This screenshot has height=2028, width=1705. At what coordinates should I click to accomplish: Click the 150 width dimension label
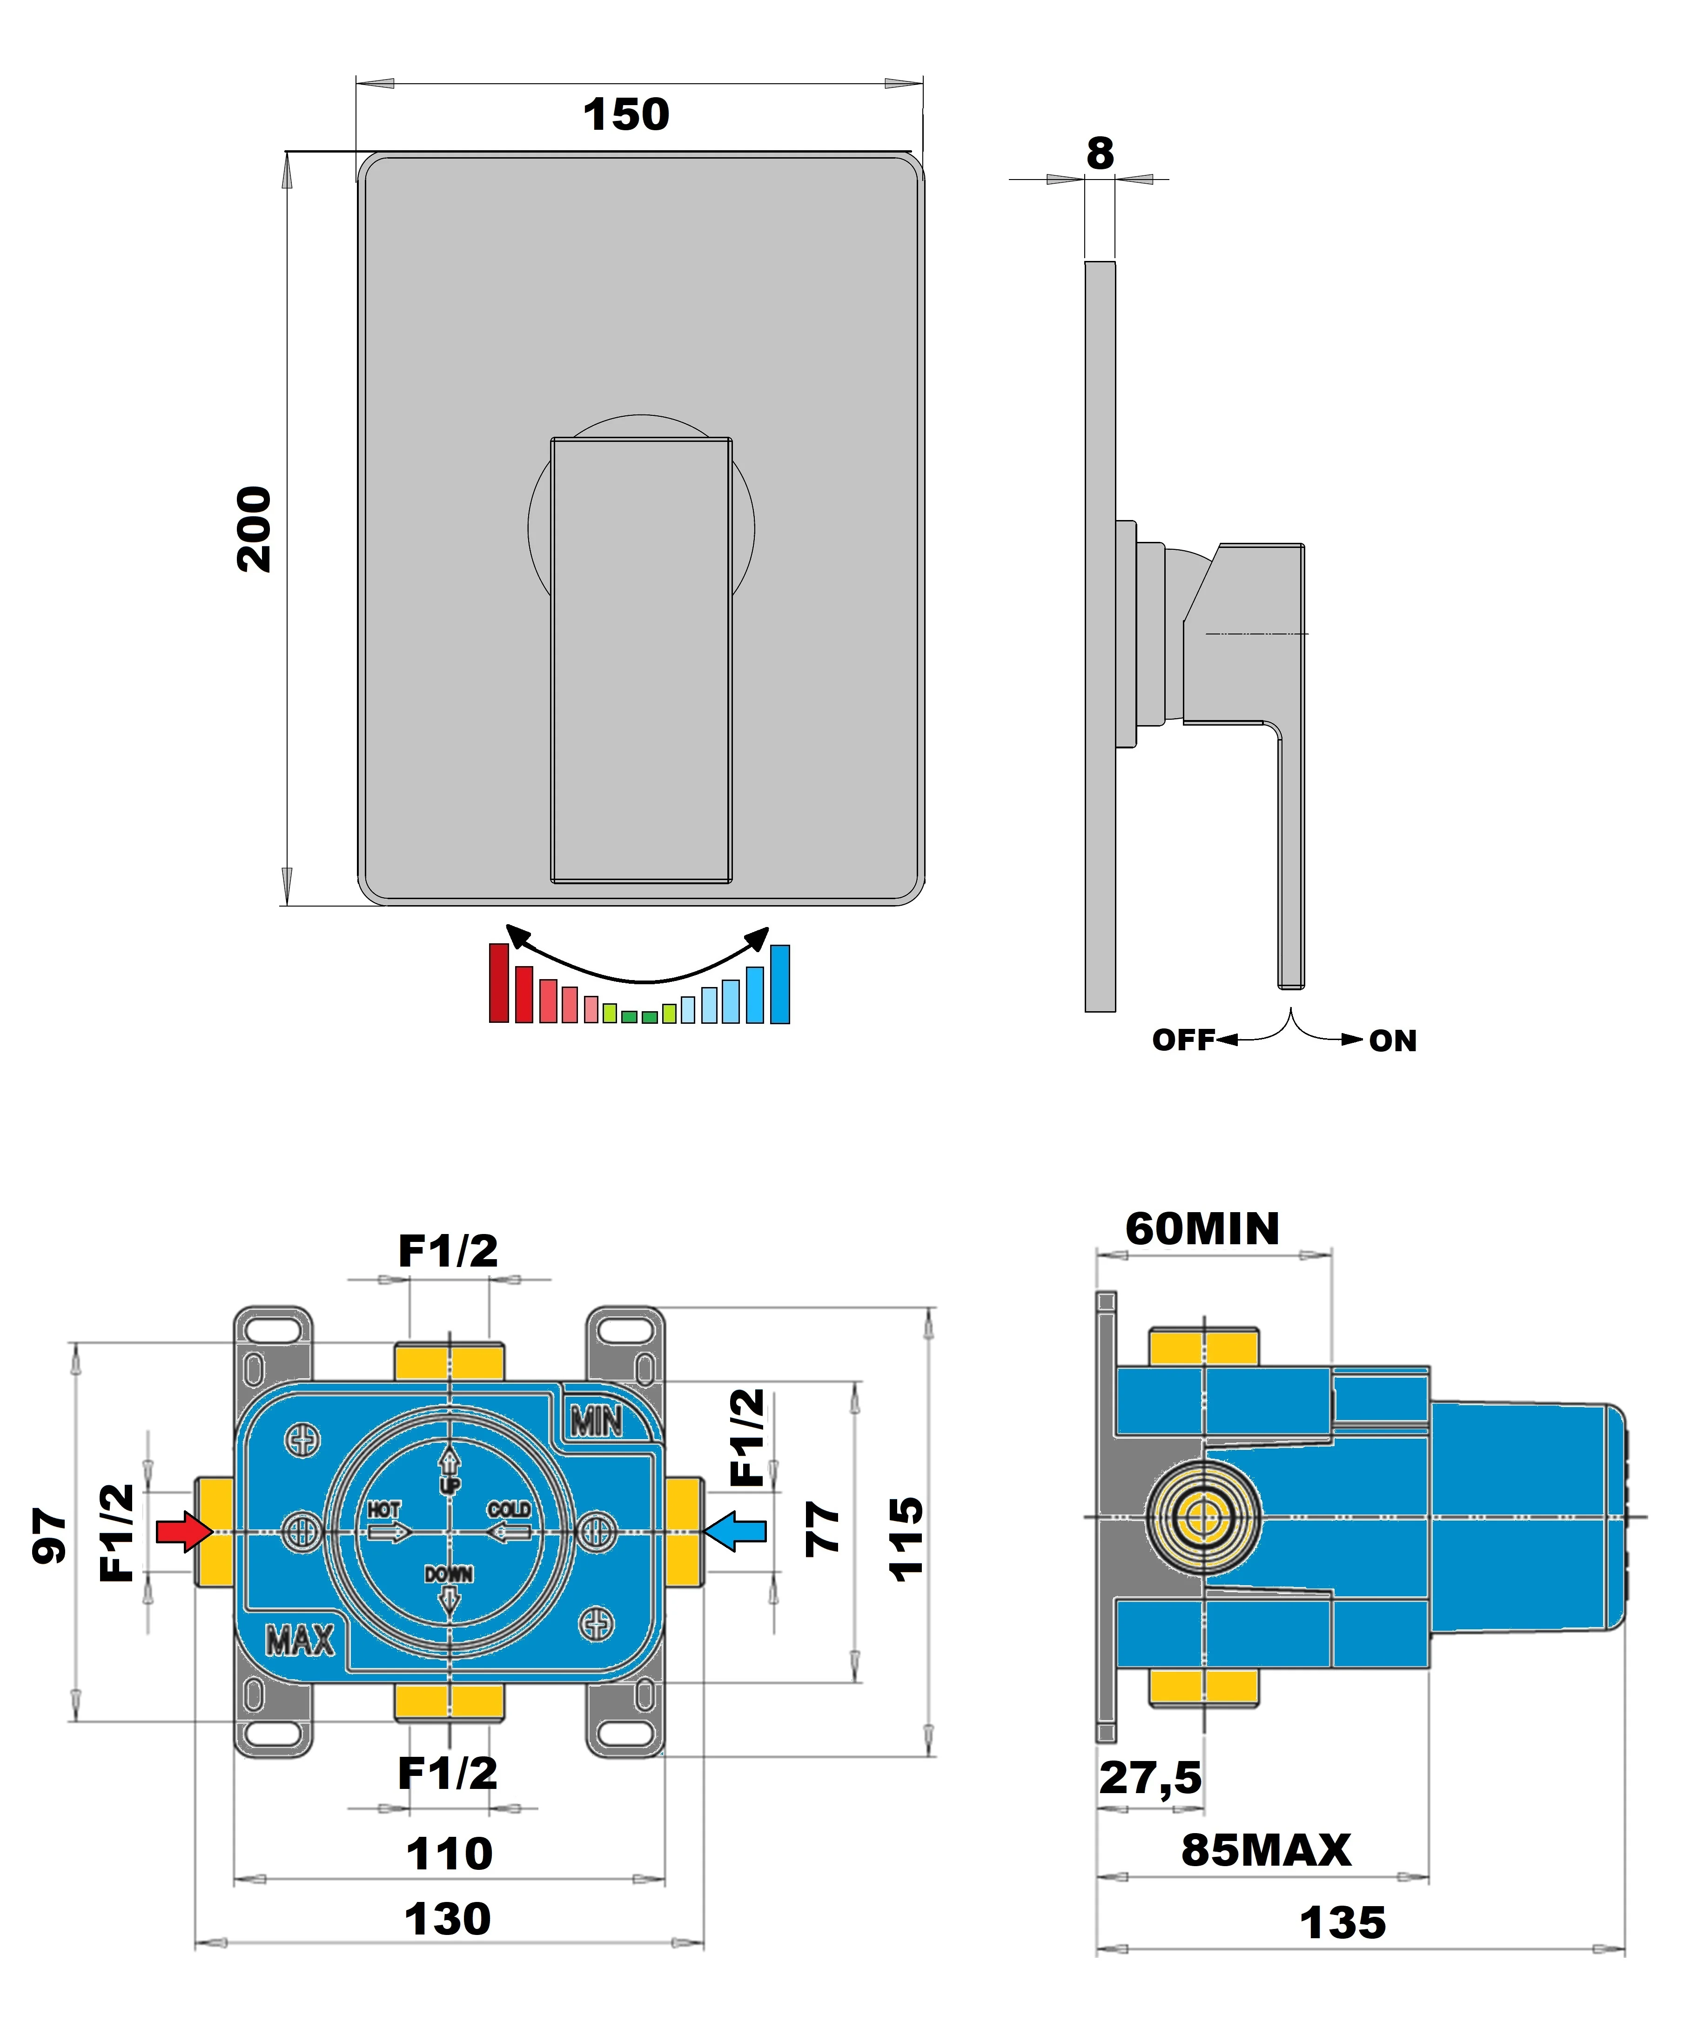[x=625, y=115]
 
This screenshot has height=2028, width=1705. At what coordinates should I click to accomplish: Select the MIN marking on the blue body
[x=597, y=1422]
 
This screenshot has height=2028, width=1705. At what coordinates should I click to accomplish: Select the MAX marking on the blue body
[x=300, y=1641]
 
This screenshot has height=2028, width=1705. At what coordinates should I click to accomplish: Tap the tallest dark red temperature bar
[x=499, y=982]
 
